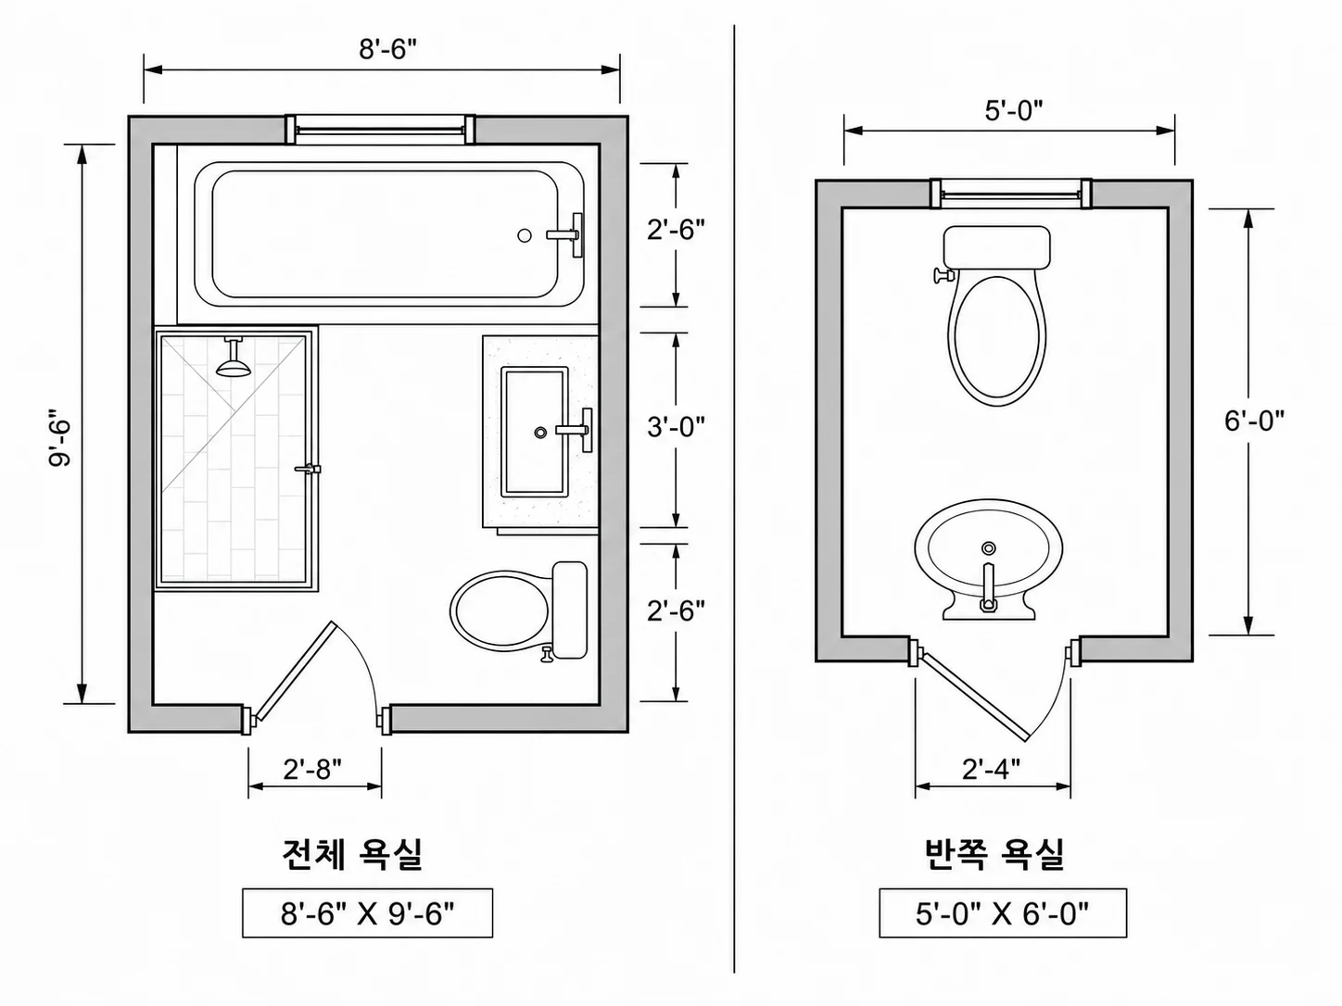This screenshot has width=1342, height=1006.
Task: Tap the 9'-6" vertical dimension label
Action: pos(60,436)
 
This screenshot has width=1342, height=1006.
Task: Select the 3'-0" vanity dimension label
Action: pos(677,427)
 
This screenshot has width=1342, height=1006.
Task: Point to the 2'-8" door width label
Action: pos(312,769)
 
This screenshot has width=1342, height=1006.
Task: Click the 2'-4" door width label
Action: pos(991,769)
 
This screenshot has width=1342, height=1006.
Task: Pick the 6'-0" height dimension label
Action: pos(1255,421)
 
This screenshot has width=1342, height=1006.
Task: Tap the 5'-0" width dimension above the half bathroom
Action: pos(1013,110)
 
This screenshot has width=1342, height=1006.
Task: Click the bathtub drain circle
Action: pos(524,235)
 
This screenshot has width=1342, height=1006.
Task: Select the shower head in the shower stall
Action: pos(234,358)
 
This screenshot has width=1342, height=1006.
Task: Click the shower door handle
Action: pos(309,469)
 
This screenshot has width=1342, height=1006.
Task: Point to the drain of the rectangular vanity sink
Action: pos(539,433)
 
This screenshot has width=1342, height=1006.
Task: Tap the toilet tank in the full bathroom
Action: pos(569,610)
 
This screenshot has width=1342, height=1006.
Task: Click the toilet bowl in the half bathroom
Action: pos(996,339)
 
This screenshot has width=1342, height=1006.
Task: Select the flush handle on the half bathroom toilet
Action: pos(944,275)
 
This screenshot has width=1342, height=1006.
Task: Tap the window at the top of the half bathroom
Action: pos(1011,194)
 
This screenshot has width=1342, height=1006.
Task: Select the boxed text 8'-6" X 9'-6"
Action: pos(367,913)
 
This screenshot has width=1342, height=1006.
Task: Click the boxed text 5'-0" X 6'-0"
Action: pos(1003,913)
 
